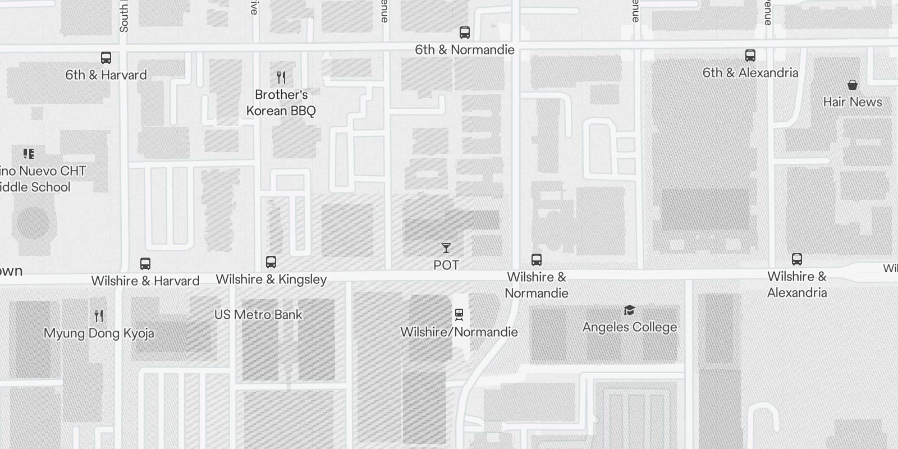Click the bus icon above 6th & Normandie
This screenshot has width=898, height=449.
click(x=465, y=33)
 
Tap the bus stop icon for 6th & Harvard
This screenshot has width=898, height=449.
click(x=106, y=57)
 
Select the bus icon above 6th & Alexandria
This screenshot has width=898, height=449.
click(x=750, y=56)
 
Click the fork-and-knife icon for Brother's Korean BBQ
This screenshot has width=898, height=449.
click(x=281, y=77)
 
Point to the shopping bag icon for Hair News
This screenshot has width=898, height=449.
click(x=853, y=85)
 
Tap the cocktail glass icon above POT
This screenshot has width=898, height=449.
click(x=446, y=248)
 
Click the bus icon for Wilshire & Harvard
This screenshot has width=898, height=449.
click(x=145, y=263)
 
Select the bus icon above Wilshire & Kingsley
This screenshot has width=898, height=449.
click(x=271, y=262)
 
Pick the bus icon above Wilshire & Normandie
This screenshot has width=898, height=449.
click(x=537, y=259)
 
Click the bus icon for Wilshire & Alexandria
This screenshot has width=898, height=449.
click(x=797, y=259)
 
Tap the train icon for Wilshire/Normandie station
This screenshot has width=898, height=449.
click(x=459, y=314)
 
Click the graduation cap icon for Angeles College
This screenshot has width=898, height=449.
click(x=629, y=310)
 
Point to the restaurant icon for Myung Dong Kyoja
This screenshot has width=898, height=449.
click(x=99, y=315)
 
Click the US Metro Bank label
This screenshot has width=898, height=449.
click(x=258, y=315)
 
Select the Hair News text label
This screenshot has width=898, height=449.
click(x=853, y=102)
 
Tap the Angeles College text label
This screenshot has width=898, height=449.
click(x=630, y=327)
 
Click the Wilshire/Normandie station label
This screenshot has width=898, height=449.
click(x=459, y=332)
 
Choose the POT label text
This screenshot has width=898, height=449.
click(x=446, y=265)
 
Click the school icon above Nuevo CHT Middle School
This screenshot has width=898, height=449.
click(x=29, y=153)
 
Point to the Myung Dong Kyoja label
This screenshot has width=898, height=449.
click(x=99, y=333)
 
